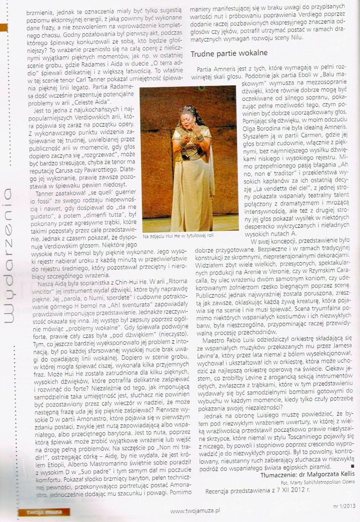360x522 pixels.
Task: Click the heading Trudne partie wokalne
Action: (x=229, y=53)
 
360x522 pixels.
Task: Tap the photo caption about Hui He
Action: (x=178, y=236)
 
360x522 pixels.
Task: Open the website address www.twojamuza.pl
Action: (x=196, y=510)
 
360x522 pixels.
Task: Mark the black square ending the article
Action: (x=352, y=465)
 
